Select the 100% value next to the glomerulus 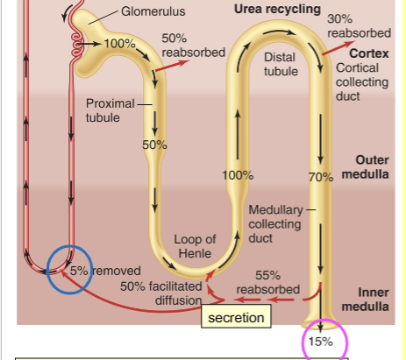(x=119, y=44)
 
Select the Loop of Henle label (x=195, y=246)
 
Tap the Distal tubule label (x=279, y=63)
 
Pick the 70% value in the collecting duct (x=322, y=176)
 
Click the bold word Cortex (x=368, y=53)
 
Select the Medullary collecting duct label (x=275, y=224)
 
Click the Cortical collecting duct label (x=364, y=81)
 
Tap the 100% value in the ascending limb (x=238, y=175)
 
